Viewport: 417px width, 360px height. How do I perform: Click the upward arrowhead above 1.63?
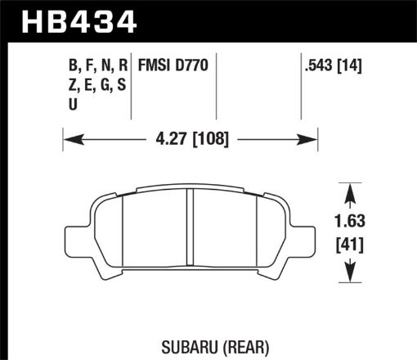351,190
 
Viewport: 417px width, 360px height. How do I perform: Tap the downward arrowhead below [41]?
351,275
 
